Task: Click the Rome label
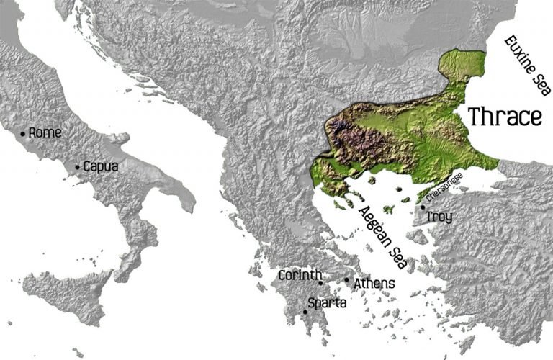(x=45, y=132)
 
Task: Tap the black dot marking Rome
(x=23, y=133)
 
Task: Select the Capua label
(x=101, y=166)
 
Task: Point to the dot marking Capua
(x=78, y=167)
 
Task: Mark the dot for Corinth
(x=320, y=283)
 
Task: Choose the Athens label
(x=374, y=284)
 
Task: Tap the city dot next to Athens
(x=346, y=280)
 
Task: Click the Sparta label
(x=327, y=303)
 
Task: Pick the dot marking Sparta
(x=305, y=312)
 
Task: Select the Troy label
(x=439, y=217)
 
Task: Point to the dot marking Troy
(x=423, y=207)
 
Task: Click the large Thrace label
(x=505, y=116)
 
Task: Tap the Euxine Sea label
(x=525, y=65)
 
